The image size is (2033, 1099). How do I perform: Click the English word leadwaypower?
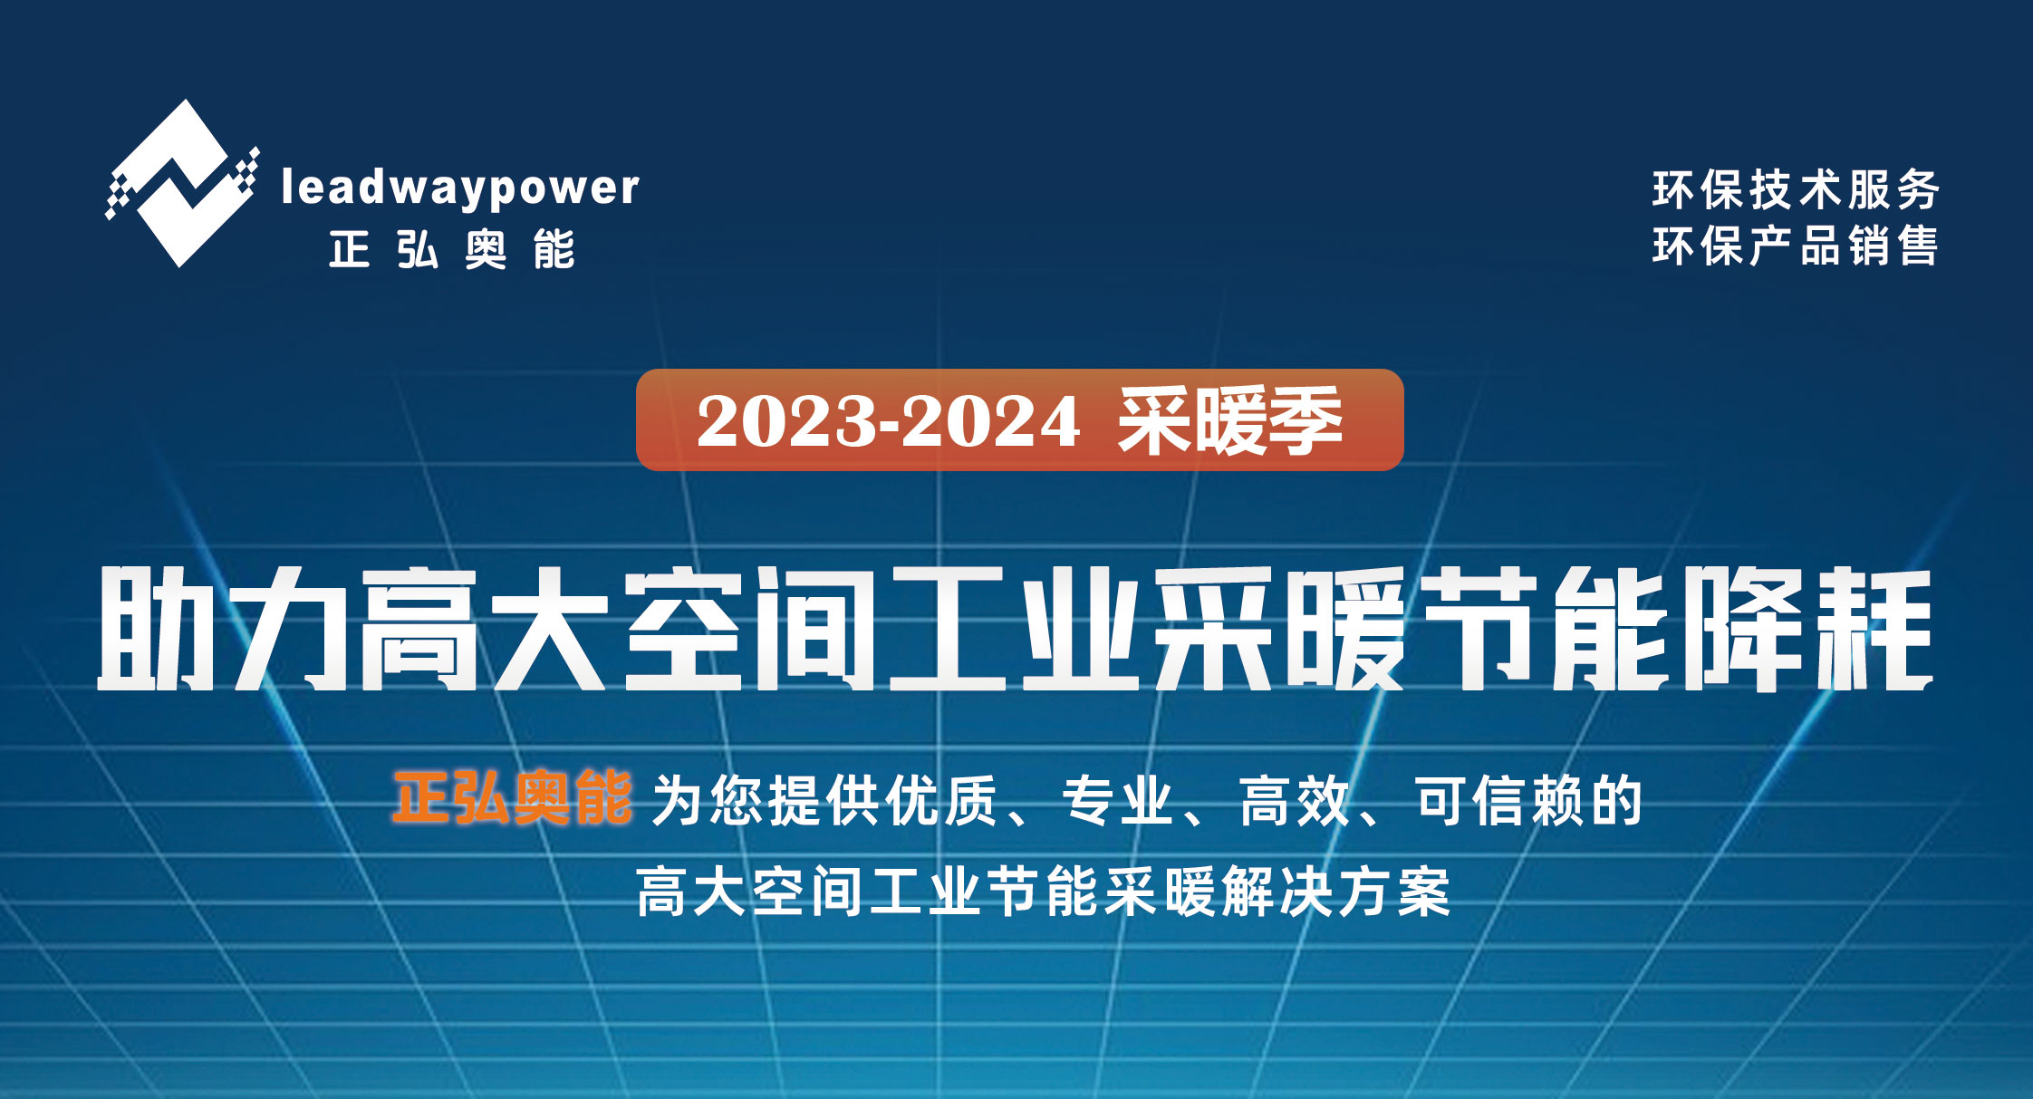[460, 188]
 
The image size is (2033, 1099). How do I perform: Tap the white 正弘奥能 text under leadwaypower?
[452, 249]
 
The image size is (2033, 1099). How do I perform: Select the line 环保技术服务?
[1795, 189]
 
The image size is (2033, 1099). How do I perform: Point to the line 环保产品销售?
[1795, 246]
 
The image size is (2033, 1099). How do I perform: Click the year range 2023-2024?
[888, 421]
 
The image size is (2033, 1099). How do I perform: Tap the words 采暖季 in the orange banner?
[1229, 420]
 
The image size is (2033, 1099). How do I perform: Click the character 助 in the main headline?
[156, 628]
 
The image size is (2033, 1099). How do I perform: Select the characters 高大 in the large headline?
[481, 628]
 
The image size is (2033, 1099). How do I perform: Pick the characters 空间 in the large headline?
[749, 628]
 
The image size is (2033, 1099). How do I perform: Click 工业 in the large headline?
[1015, 628]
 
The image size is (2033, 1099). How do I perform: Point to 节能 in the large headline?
[1543, 628]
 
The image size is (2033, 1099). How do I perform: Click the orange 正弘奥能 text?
[513, 798]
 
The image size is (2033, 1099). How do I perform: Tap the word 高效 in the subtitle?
[1296, 801]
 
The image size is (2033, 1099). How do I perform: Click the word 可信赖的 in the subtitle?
[1529, 801]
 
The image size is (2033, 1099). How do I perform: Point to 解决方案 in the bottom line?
[1335, 892]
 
